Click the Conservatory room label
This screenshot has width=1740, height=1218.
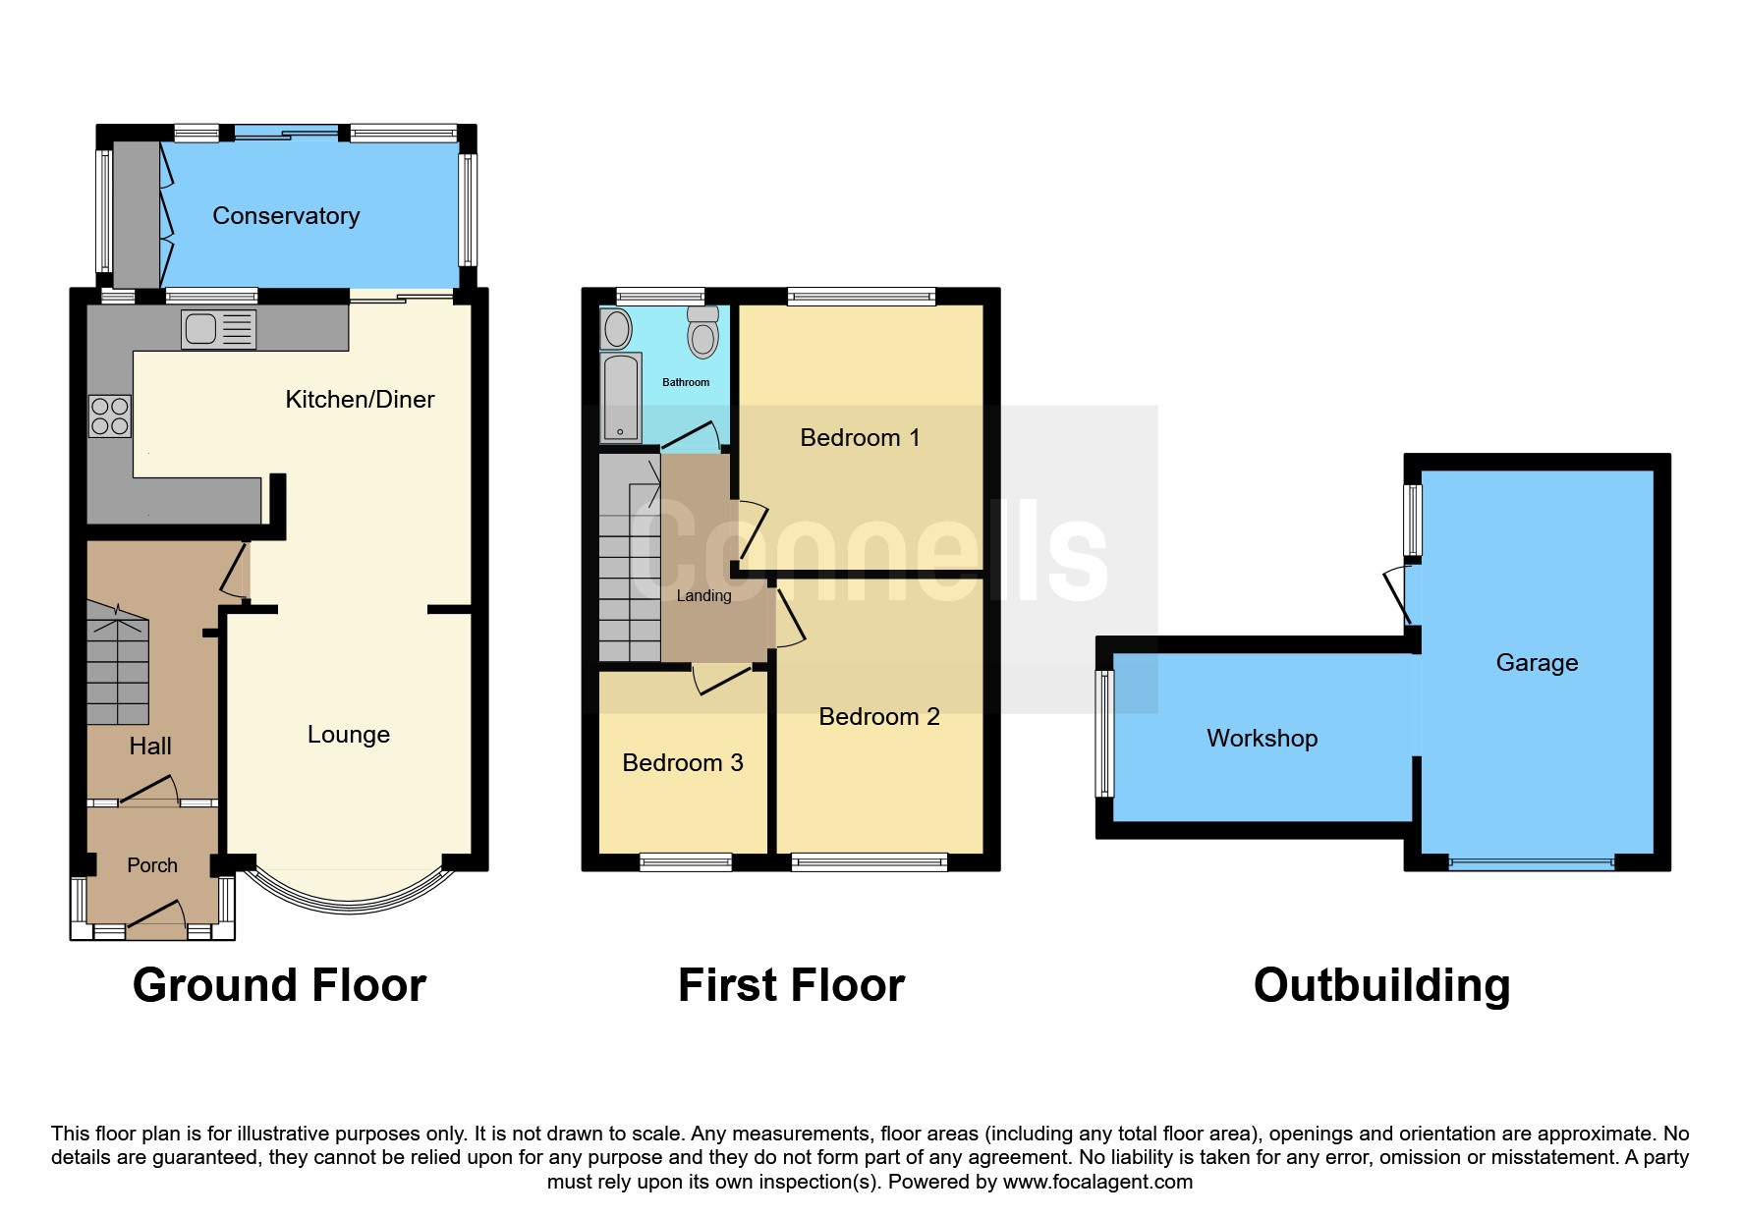point(286,216)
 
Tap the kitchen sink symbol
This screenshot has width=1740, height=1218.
point(218,329)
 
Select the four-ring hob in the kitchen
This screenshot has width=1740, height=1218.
point(109,415)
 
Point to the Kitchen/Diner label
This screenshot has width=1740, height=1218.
point(360,399)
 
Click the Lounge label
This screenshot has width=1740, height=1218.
point(349,735)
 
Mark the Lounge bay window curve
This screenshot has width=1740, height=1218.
point(349,905)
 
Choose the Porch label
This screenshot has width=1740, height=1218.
point(152,865)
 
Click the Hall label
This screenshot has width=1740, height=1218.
point(150,747)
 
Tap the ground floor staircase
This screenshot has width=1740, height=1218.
point(118,663)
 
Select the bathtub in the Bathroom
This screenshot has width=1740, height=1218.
point(621,398)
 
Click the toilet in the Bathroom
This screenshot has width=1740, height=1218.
point(703,331)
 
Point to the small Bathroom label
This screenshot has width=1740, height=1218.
point(686,382)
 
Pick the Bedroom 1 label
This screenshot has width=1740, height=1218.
point(860,438)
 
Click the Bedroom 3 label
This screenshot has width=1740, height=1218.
point(683,763)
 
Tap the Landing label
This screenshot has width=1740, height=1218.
point(703,595)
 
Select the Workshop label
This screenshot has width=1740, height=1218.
point(1263,739)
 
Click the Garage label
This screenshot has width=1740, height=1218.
point(1537,663)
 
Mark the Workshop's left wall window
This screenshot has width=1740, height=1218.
point(1105,734)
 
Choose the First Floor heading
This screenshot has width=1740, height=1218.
point(791,985)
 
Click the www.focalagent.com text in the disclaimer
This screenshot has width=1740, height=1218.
point(1097,1182)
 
